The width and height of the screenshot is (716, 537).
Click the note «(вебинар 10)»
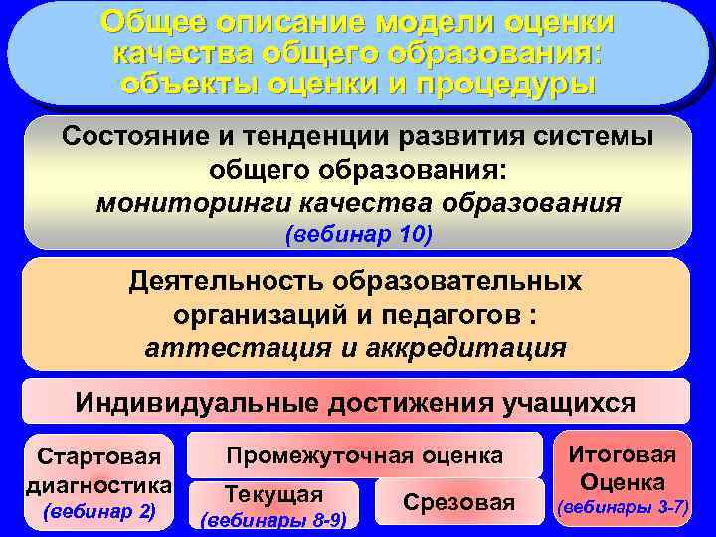coord(358,235)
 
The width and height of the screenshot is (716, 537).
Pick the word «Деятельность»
coord(228,281)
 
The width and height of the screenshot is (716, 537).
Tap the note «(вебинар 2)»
coord(98,512)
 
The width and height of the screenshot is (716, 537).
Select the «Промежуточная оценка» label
coord(364,455)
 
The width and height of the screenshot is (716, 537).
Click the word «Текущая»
coord(273,494)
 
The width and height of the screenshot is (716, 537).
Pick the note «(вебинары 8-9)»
coord(273,518)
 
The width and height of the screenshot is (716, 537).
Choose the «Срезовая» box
coord(458,502)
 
